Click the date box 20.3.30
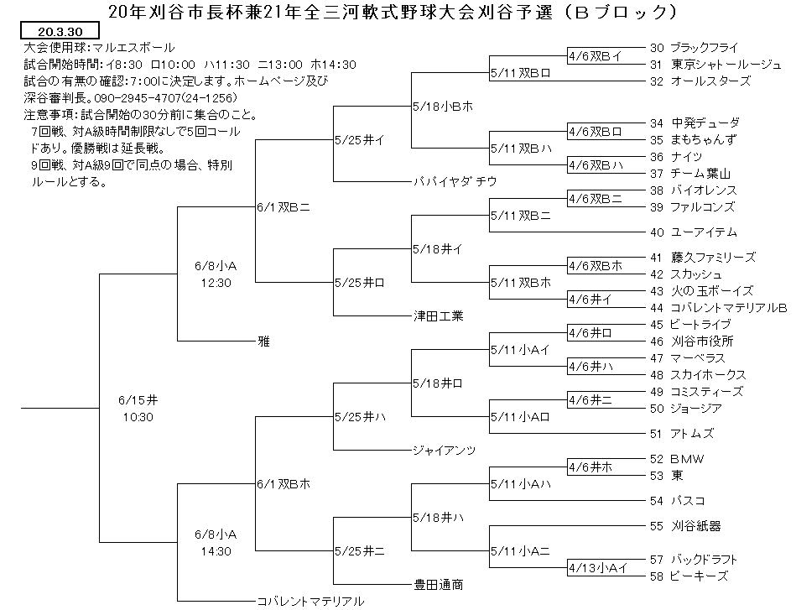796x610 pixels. [60, 31]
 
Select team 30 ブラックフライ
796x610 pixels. [694, 48]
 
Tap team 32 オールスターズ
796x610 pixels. [700, 81]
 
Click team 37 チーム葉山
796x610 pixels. [690, 174]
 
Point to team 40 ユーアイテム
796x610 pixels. [694, 232]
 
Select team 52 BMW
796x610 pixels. [677, 459]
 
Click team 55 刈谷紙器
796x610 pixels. [685, 526]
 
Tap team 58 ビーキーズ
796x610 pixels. [689, 576]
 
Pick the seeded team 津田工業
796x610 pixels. [439, 316]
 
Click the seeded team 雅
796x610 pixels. [263, 341]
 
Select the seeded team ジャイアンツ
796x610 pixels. [445, 450]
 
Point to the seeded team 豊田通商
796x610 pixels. [439, 585]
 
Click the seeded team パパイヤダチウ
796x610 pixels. [455, 182]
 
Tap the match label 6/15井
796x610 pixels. [138, 400]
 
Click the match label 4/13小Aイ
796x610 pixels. [599, 568]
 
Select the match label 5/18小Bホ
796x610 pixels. [443, 107]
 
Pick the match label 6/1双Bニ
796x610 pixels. [284, 207]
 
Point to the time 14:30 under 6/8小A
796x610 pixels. [216, 551]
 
